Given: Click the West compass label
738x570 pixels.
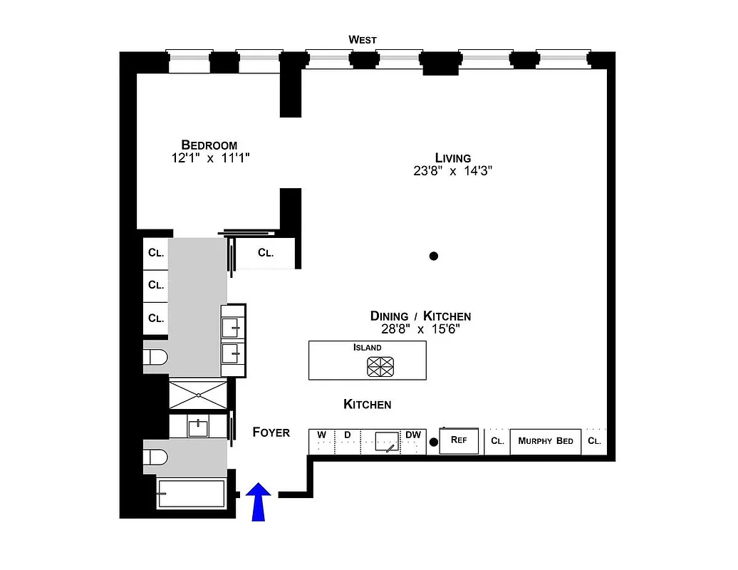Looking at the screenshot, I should [362, 40].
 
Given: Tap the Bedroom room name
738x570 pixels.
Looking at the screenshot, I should [209, 145].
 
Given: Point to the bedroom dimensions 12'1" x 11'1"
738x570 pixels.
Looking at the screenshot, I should [210, 158].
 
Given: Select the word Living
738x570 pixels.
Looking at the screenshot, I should [453, 158].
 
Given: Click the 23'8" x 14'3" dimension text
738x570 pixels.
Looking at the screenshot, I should [453, 171].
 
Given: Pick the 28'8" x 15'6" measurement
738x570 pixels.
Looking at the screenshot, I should [420, 329].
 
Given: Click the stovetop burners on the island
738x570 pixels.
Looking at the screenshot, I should [380, 366].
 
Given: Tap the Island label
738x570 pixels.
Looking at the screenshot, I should [368, 348].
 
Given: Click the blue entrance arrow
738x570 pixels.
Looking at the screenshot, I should [259, 502].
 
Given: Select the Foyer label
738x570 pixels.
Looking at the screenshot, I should [271, 432].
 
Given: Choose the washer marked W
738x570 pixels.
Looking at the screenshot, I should [321, 441].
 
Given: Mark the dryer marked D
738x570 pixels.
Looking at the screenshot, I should [348, 441].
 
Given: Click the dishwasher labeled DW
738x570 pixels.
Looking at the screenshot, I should [413, 441].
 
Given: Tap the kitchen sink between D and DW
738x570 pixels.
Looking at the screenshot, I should [385, 442].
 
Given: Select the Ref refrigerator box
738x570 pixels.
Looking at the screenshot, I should [459, 441].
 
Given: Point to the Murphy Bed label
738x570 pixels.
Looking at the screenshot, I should [546, 441].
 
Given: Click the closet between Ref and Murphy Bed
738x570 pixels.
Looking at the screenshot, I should [497, 441].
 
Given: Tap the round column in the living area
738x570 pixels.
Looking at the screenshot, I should [433, 256].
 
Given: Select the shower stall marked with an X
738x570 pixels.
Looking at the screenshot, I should [197, 394].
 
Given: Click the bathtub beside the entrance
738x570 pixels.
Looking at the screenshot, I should [191, 493].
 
